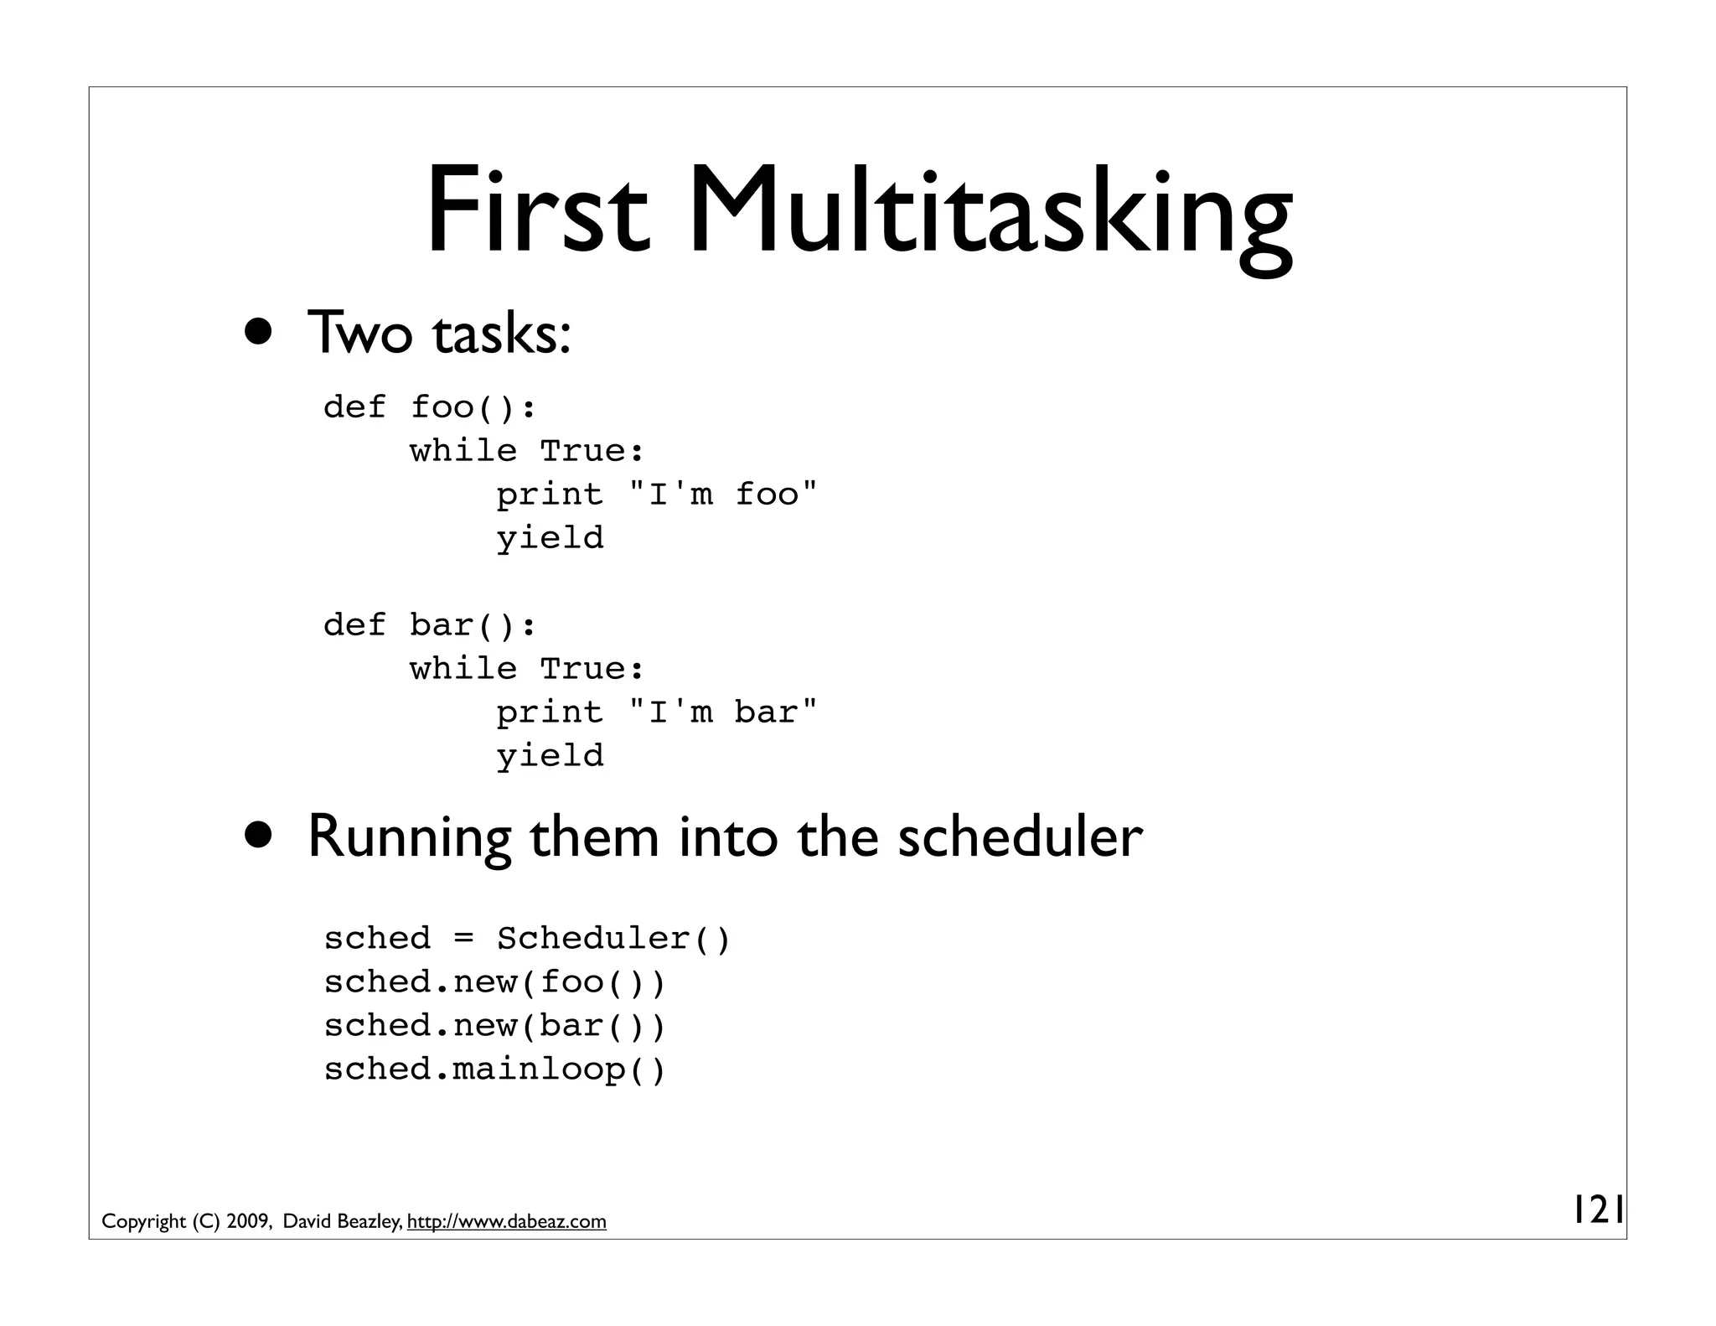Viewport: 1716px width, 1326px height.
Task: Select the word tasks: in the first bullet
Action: pyautogui.click(x=501, y=334)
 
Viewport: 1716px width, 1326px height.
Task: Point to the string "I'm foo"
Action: pyautogui.click(x=722, y=494)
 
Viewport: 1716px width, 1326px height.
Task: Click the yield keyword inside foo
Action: pyautogui.click(x=550, y=538)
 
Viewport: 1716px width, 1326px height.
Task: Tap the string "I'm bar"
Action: pyautogui.click(x=722, y=712)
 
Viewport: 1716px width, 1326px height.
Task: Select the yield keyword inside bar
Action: pyautogui.click(x=550, y=756)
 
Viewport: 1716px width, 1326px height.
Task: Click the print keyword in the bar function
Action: pyautogui.click(x=550, y=712)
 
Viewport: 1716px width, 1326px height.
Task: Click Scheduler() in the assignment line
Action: pyautogui.click(x=613, y=939)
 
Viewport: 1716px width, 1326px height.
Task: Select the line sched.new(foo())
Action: pyautogui.click(x=494, y=982)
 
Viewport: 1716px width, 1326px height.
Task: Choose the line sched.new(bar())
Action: pyautogui.click(x=494, y=1026)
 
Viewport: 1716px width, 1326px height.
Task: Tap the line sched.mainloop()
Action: pyautogui.click(x=494, y=1070)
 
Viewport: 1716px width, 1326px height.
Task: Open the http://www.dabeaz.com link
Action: pyautogui.click(x=506, y=1221)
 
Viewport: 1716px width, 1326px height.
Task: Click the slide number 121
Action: pyautogui.click(x=1597, y=1210)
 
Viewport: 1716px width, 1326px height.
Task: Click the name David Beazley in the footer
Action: pyautogui.click(x=341, y=1221)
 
